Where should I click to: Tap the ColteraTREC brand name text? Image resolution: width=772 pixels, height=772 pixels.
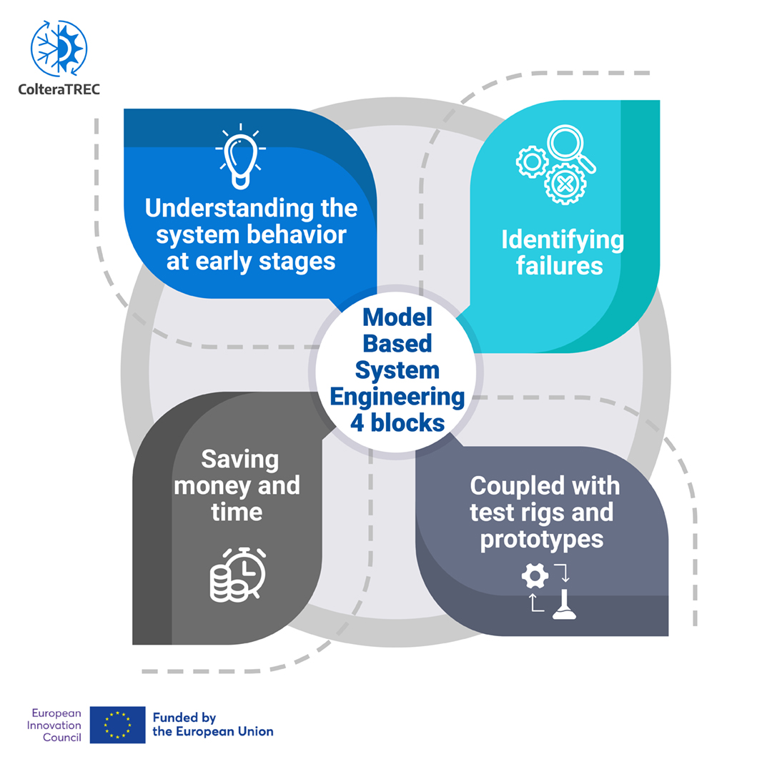(59, 90)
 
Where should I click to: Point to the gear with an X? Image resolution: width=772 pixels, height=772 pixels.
(565, 183)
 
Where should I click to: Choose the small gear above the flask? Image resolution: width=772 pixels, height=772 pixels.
(535, 574)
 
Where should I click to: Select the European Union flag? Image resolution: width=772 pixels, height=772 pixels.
(117, 725)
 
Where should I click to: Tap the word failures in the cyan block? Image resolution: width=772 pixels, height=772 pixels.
(562, 266)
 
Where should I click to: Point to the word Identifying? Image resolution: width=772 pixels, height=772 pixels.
(562, 240)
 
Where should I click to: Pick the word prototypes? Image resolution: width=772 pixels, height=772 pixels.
(542, 540)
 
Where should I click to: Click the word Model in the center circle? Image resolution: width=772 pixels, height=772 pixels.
(397, 315)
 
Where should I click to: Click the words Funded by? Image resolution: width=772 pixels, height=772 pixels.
(184, 718)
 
